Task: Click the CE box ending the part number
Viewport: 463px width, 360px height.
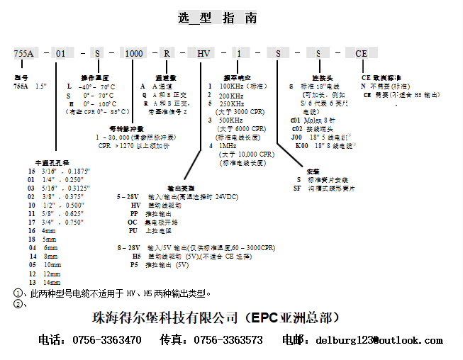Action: click(361, 54)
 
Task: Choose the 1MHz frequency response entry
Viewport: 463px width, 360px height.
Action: click(228, 145)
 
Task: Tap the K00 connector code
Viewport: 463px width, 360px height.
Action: click(301, 145)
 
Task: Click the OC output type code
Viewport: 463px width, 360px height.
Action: click(133, 221)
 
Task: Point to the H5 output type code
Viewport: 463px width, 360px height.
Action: click(136, 256)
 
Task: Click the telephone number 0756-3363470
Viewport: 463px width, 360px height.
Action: click(107, 340)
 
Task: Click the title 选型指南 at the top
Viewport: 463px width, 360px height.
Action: click(218, 18)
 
